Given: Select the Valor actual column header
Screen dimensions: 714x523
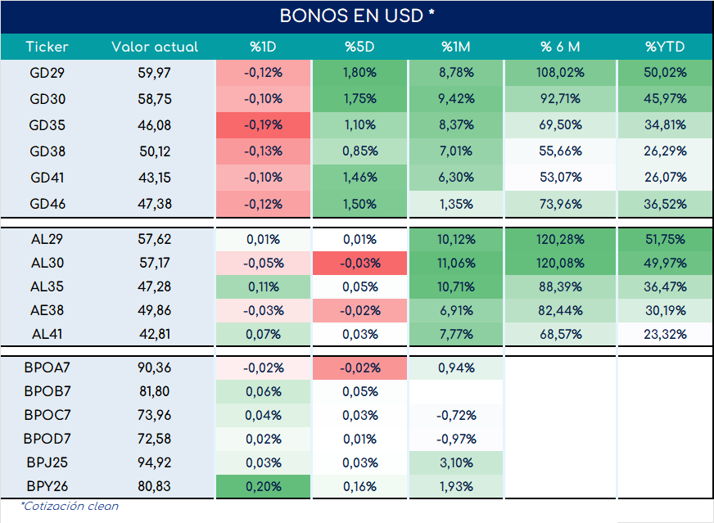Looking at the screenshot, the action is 155,47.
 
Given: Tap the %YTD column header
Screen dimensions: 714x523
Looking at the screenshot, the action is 665,47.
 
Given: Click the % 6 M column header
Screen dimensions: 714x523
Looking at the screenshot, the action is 560,47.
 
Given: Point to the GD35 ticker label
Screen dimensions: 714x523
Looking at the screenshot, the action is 47,125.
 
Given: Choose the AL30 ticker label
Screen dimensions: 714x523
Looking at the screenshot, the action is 47,263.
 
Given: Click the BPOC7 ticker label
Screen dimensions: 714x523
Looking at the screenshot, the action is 47,415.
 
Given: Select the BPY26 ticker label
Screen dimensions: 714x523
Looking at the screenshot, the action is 47,486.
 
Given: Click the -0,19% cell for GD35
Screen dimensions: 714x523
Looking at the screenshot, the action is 263,125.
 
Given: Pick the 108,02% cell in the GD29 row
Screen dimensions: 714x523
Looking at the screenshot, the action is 560,73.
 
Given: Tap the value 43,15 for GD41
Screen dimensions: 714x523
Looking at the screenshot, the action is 155,178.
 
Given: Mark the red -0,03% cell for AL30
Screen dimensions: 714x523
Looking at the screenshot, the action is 359,263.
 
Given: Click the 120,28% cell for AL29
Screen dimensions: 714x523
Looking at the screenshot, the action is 560,240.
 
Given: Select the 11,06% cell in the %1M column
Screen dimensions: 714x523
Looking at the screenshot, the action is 456,263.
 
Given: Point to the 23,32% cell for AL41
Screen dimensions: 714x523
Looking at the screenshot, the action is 665,334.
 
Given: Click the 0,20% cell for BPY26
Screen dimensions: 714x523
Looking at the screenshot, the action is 263,486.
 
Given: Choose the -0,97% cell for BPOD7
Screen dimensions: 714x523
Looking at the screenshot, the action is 456,439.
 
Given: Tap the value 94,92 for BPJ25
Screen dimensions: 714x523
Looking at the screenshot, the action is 155,462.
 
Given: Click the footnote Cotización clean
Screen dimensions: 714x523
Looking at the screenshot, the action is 70,506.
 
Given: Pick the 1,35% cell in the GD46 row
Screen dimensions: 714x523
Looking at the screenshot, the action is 456,204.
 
